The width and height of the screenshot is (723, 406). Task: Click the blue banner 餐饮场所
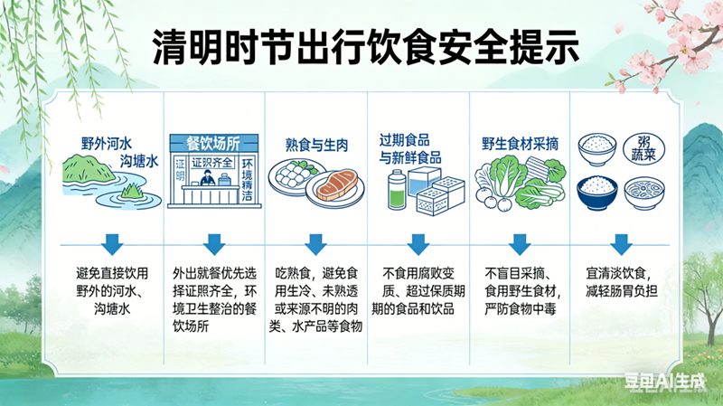click(213, 143)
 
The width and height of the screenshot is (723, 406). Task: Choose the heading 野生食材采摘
click(519, 144)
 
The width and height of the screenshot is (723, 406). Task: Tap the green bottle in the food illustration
click(396, 193)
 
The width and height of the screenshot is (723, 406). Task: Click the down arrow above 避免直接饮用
click(112, 243)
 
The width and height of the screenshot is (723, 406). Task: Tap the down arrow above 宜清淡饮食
click(620, 243)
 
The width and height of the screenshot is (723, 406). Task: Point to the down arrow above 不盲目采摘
click(519, 243)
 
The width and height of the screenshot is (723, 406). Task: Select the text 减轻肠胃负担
click(620, 291)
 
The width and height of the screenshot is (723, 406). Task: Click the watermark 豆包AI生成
click(669, 383)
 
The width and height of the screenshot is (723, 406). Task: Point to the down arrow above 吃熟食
click(315, 243)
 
